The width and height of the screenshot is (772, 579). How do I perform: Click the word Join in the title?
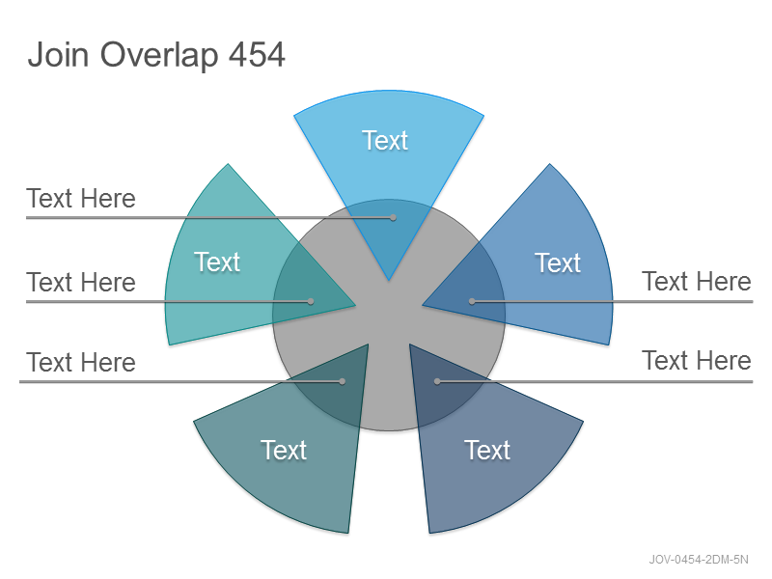[59, 54]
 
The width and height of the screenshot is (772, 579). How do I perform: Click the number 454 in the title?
[257, 54]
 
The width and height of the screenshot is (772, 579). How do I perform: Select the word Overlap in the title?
[159, 56]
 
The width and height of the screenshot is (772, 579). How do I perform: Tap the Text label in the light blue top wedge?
[385, 140]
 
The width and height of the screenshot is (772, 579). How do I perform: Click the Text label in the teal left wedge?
[216, 262]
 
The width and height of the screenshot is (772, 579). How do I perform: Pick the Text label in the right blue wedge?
[558, 262]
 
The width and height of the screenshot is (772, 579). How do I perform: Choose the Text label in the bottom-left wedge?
[284, 450]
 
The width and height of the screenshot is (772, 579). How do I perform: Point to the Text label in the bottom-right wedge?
[487, 450]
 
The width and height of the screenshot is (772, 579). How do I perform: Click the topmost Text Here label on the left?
[81, 199]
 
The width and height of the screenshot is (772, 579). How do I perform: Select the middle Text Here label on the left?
[81, 282]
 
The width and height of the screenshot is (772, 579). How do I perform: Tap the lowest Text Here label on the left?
[81, 363]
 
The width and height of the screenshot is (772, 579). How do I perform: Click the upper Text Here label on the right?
[697, 281]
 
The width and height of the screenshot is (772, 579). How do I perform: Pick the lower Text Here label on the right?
[697, 360]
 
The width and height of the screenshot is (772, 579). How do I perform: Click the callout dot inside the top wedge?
[393, 217]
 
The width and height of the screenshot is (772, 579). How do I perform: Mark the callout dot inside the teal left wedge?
[311, 301]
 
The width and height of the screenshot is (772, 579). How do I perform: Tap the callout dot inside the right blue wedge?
[472, 301]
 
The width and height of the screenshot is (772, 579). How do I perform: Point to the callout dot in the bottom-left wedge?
[343, 381]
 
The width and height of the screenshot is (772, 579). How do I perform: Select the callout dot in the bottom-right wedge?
[437, 381]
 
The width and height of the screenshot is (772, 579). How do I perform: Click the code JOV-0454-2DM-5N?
[699, 560]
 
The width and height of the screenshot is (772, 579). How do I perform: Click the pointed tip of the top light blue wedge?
[389, 281]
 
